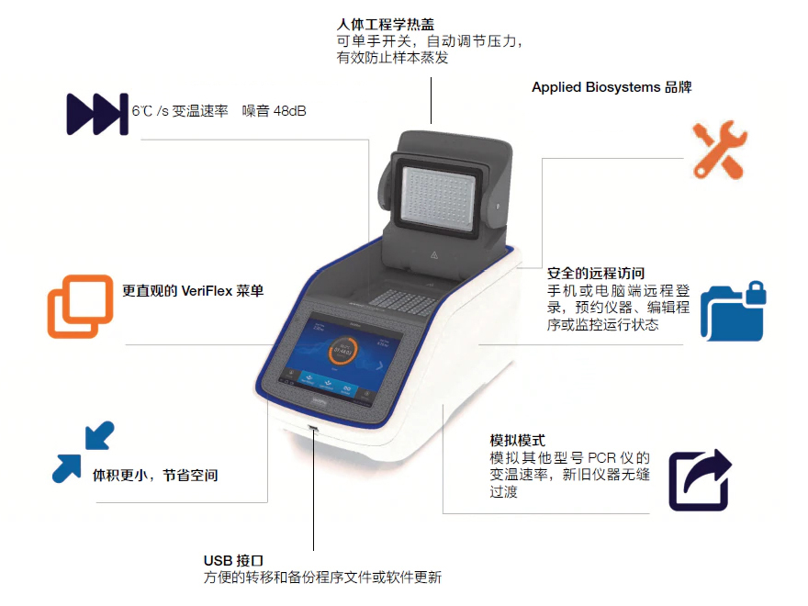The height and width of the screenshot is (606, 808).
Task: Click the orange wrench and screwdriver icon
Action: (719, 150)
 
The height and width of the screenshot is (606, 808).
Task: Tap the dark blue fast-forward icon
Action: (97, 114)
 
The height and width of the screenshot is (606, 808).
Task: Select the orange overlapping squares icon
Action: (81, 306)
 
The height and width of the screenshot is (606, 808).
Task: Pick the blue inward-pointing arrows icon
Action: (83, 452)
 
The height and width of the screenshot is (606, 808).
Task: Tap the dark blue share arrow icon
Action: (701, 480)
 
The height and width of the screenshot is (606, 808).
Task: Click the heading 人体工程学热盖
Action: (385, 24)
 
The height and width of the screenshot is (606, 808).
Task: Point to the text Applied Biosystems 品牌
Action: (612, 87)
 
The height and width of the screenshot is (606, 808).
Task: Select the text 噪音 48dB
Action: (275, 111)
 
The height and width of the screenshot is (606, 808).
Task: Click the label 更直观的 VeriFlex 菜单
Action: (193, 291)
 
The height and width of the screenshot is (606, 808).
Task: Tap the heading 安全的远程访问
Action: (596, 273)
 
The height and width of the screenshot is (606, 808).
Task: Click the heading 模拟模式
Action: (517, 440)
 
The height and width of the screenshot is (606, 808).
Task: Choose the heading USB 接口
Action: (233, 560)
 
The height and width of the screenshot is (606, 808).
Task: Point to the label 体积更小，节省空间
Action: (155, 475)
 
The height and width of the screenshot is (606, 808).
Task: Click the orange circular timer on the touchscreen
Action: (342, 351)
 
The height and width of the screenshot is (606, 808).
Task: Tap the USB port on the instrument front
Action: (313, 428)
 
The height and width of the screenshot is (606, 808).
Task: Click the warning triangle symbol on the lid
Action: (434, 254)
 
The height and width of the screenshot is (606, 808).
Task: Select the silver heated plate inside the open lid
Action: (439, 199)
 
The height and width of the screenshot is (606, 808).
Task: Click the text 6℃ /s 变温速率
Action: (180, 111)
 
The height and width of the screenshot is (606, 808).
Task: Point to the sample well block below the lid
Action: (403, 301)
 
